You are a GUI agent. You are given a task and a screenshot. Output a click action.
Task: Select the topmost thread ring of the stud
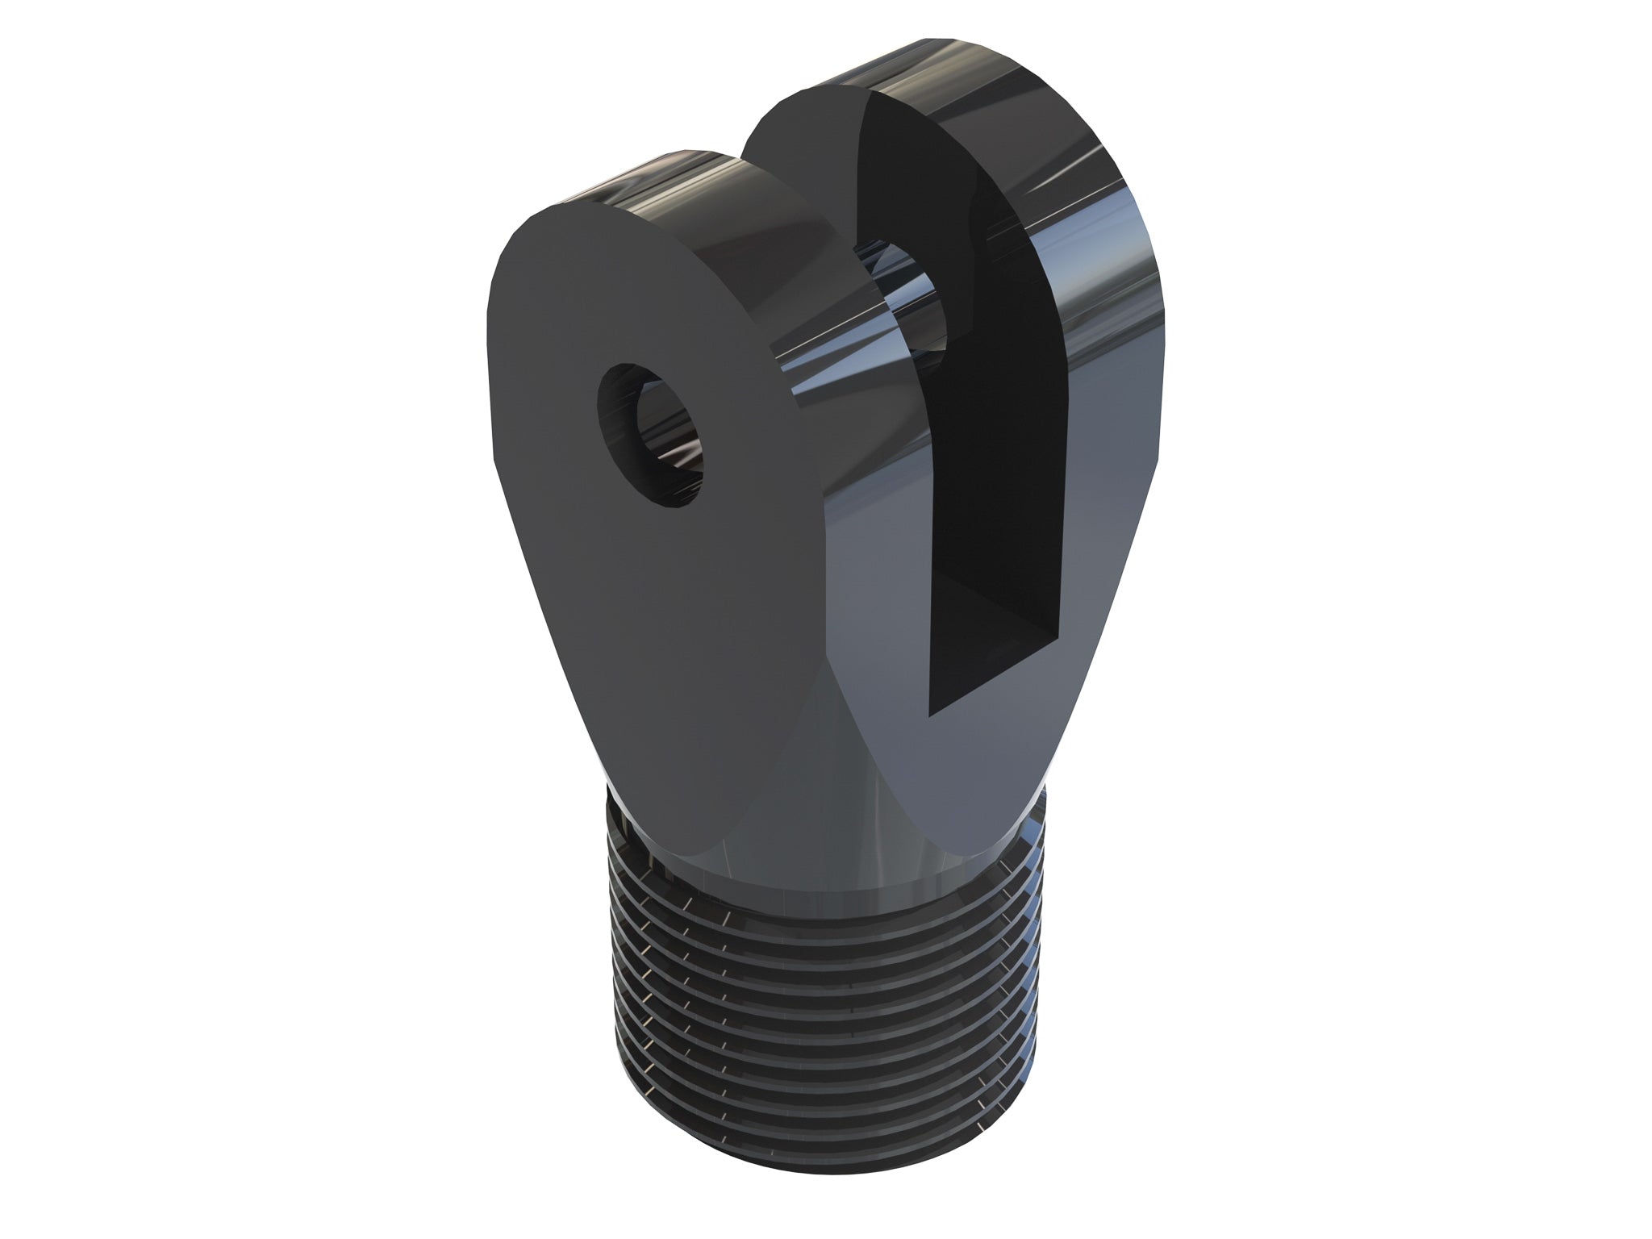[x=807, y=916]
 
